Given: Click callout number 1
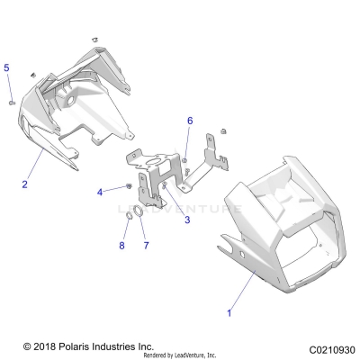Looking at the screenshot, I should point(229,312).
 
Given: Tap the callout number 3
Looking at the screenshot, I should point(186,219).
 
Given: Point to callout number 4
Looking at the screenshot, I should point(101,191).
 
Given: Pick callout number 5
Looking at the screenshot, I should point(7,68).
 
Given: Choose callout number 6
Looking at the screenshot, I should point(189,120).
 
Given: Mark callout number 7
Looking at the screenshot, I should point(146,245).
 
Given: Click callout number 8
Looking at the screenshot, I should point(121,245).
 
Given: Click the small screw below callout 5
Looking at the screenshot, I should point(9,102).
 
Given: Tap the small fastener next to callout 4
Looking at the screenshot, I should point(131,186).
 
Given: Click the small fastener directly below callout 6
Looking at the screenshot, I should point(185,160).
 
